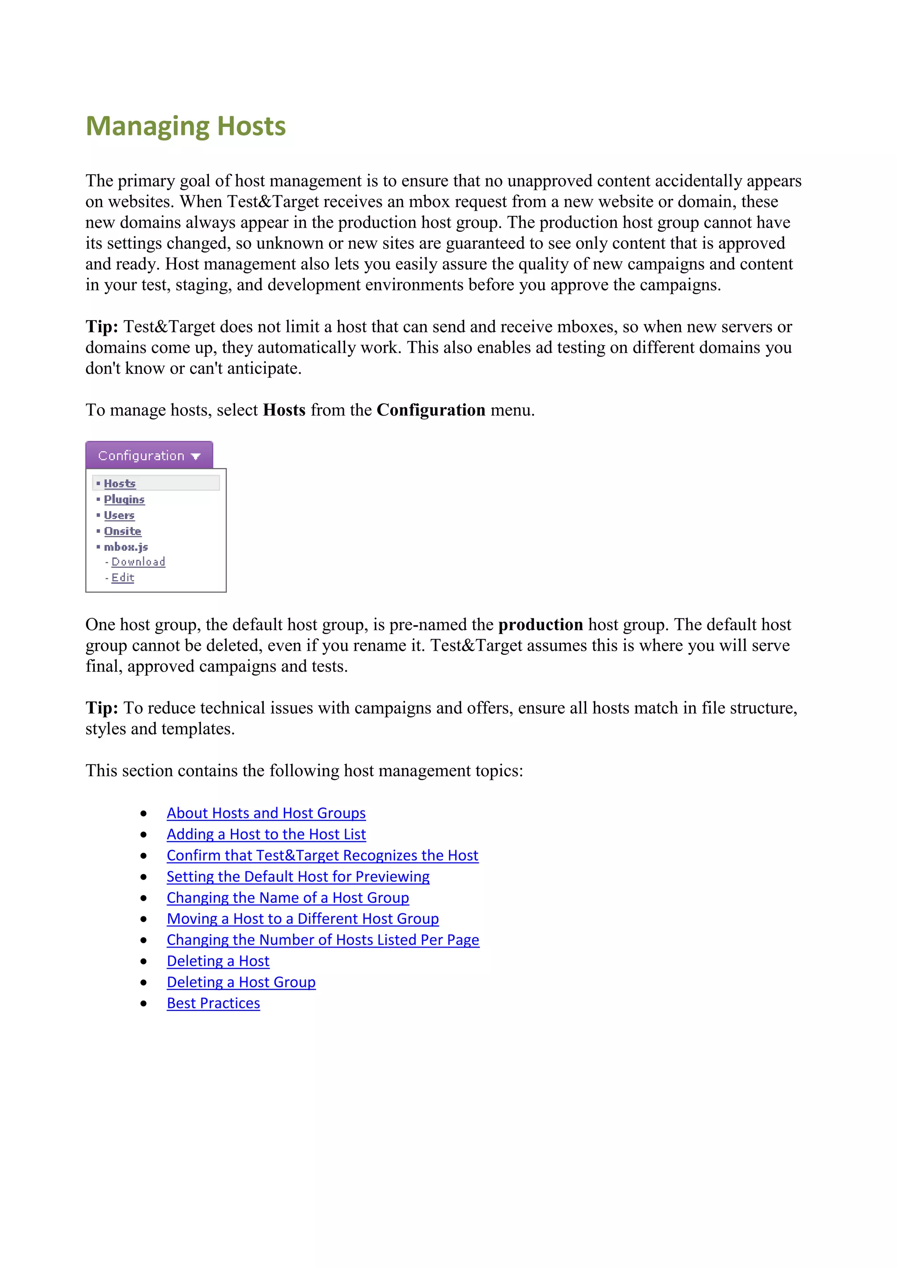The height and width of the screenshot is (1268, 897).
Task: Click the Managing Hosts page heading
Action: [x=186, y=126]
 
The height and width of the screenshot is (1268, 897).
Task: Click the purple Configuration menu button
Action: [x=141, y=456]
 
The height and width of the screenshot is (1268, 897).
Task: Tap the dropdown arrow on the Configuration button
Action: [x=195, y=456]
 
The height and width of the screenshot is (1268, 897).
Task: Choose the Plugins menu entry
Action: [x=124, y=499]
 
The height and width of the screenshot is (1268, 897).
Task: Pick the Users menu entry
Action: [x=119, y=515]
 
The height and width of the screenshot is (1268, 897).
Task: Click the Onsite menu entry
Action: [x=123, y=531]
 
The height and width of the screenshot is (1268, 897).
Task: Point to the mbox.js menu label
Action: [x=126, y=547]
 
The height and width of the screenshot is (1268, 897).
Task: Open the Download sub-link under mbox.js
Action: [x=138, y=562]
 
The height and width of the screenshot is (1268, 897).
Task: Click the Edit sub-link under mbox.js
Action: [x=123, y=578]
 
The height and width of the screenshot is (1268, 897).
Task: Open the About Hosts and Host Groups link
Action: [x=266, y=813]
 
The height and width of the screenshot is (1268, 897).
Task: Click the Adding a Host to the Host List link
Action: [x=266, y=834]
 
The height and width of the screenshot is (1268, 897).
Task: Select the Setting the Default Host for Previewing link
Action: [x=298, y=877]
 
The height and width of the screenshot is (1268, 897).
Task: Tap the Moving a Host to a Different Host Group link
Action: [x=303, y=919]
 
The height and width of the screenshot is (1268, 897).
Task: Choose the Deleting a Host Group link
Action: [x=241, y=982]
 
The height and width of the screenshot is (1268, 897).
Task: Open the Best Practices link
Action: [x=213, y=1003]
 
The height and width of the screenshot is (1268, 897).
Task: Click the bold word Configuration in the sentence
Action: [x=431, y=410]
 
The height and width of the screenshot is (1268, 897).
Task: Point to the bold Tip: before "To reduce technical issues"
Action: [x=102, y=708]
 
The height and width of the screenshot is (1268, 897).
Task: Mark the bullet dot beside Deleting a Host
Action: [x=144, y=962]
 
